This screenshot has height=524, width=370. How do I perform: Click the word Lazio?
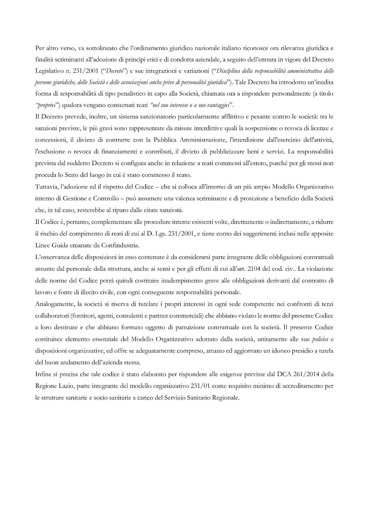point(66,386)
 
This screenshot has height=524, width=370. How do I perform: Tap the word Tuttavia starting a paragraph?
point(46,187)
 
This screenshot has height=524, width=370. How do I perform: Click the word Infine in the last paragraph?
point(42,374)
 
